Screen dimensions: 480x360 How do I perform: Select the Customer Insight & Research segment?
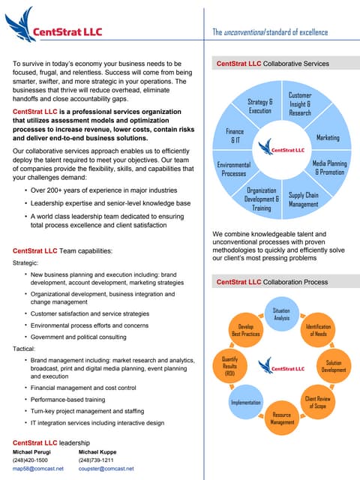pos(300,103)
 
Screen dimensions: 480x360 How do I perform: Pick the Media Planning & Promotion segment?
pos(328,167)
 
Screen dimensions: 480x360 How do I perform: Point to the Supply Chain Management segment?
pos(303,199)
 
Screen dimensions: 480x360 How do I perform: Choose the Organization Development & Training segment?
pos(261,199)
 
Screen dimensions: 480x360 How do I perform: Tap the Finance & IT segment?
pos(235,136)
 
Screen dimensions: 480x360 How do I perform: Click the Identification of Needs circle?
pos(318,330)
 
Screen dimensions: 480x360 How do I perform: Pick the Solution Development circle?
pos(334,366)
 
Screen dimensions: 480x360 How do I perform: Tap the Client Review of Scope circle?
pos(318,402)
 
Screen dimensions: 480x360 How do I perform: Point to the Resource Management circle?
pos(281,418)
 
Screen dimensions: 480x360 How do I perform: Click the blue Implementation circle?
pos(245,403)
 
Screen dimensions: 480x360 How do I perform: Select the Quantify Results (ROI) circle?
pos(230,366)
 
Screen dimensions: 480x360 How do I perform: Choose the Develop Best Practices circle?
pos(245,330)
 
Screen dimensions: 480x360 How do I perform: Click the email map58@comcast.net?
pos(38,468)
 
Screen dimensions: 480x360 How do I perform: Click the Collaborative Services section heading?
pos(272,64)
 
